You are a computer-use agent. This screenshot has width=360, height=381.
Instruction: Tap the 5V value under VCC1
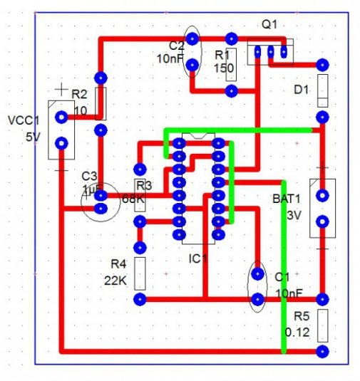pos(33,137)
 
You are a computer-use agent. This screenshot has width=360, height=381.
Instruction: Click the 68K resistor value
pos(134,199)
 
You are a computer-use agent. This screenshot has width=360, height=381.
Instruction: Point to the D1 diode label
pos(300,89)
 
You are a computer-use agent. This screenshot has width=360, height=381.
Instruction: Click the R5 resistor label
pos(302,317)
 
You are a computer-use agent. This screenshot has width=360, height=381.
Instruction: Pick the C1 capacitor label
pos(282,277)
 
